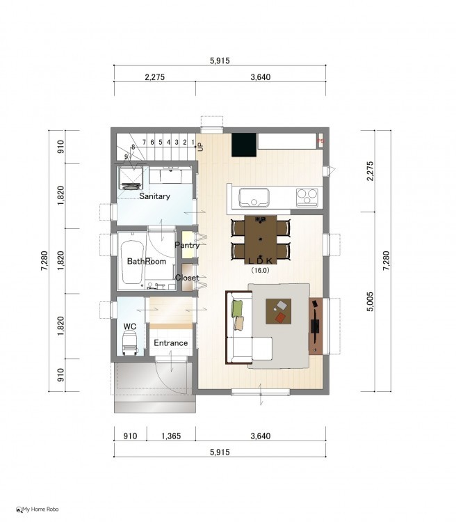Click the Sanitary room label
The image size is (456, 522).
pyautogui.click(x=154, y=196)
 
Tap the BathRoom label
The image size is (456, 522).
pyautogui.click(x=147, y=261)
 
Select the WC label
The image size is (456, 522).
pyautogui.click(x=130, y=326)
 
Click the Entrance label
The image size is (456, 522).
pyautogui.click(x=170, y=343)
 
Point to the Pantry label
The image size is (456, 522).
pyautogui.click(x=187, y=246)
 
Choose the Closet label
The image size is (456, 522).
pyautogui.click(x=187, y=278)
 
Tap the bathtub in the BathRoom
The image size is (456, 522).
pyautogui.click(x=132, y=262)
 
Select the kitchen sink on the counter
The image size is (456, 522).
pyautogui.click(x=254, y=198)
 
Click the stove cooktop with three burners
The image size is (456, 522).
pyautogui.click(x=307, y=198)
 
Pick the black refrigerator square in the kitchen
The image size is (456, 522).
pyautogui.click(x=244, y=145)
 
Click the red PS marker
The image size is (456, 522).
pyautogui.click(x=320, y=141)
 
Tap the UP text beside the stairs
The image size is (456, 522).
pyautogui.click(x=200, y=147)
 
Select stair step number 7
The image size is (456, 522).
pyautogui.click(x=145, y=142)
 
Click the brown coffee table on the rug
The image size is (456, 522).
pyautogui.click(x=278, y=311)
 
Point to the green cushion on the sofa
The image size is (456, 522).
pyautogui.click(x=237, y=308)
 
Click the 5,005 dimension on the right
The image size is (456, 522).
pyautogui.click(x=370, y=301)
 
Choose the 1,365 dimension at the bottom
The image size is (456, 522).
pyautogui.click(x=171, y=436)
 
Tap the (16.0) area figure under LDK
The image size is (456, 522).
pyautogui.click(x=260, y=270)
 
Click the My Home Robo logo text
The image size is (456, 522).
pyautogui.click(x=40, y=509)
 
